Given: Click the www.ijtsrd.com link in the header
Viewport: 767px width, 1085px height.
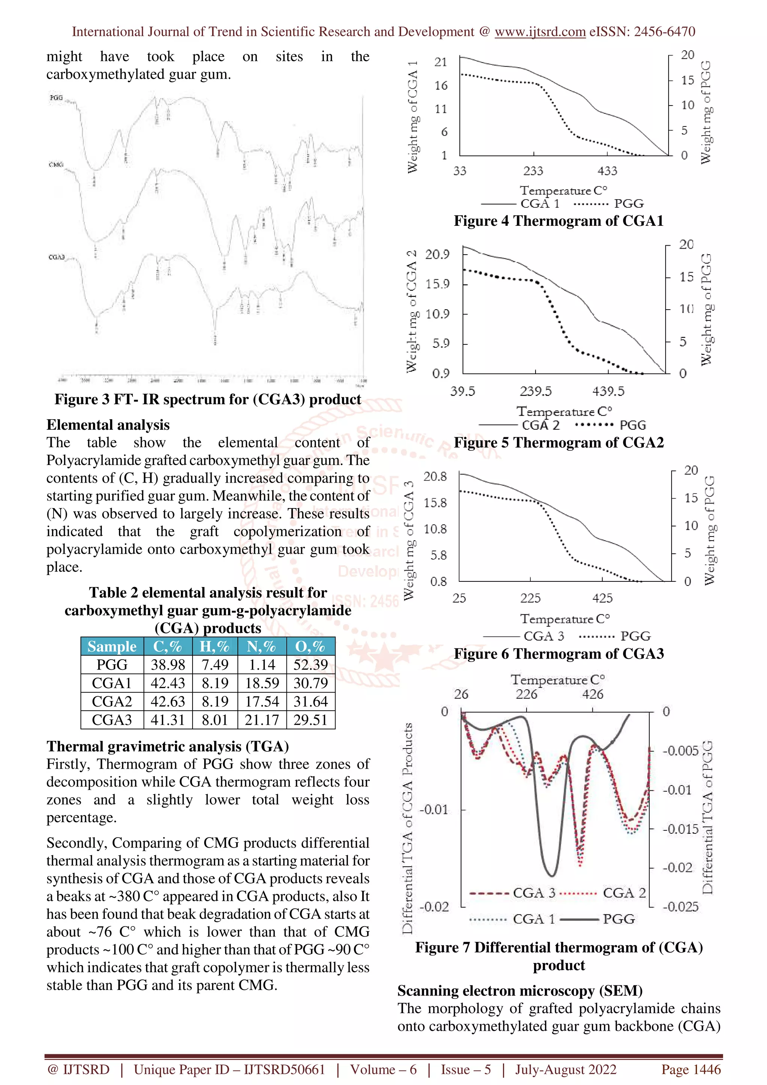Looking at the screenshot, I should (x=540, y=32).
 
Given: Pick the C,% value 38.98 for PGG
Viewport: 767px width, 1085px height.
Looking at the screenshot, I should (x=168, y=665).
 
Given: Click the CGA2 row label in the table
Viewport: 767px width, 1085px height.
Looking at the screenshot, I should (x=112, y=701).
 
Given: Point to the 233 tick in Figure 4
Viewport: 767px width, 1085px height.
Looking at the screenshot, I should (x=533, y=171).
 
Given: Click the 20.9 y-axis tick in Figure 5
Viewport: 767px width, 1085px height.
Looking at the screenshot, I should (x=437, y=255).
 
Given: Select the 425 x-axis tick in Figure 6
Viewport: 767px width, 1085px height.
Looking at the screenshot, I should (x=602, y=598).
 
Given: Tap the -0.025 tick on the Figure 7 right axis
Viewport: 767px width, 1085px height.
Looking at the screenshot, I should (x=680, y=906).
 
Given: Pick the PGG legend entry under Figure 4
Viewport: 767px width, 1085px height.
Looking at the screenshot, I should (x=628, y=204).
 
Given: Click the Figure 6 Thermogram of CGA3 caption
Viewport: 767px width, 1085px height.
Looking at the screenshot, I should (x=559, y=654).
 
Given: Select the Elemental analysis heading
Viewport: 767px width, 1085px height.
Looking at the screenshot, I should (x=108, y=425).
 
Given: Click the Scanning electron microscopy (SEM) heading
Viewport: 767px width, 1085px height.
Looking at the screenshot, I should (x=520, y=991).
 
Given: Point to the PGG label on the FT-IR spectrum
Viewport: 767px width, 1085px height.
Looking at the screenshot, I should (x=56, y=98).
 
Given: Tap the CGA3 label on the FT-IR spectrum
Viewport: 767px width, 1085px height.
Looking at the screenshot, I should (x=56, y=257).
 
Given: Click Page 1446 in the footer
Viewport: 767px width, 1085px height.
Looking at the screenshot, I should (x=691, y=1069).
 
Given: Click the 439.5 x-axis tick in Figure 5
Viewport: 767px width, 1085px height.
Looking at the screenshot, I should (x=608, y=391).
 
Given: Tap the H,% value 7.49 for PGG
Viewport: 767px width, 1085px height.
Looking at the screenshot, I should (x=215, y=665).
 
